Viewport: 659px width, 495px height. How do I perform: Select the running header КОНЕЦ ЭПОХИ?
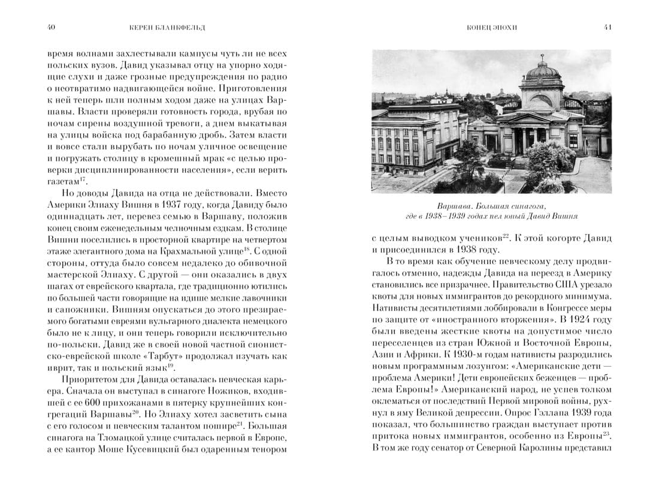click(492, 27)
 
